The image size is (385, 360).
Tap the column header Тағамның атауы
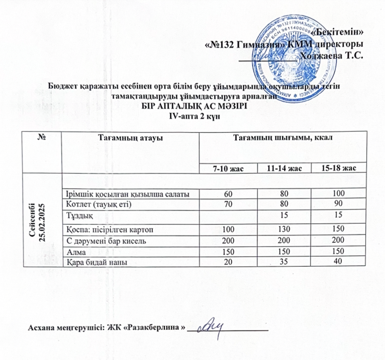[131, 137]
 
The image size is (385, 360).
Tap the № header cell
[42, 137]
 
